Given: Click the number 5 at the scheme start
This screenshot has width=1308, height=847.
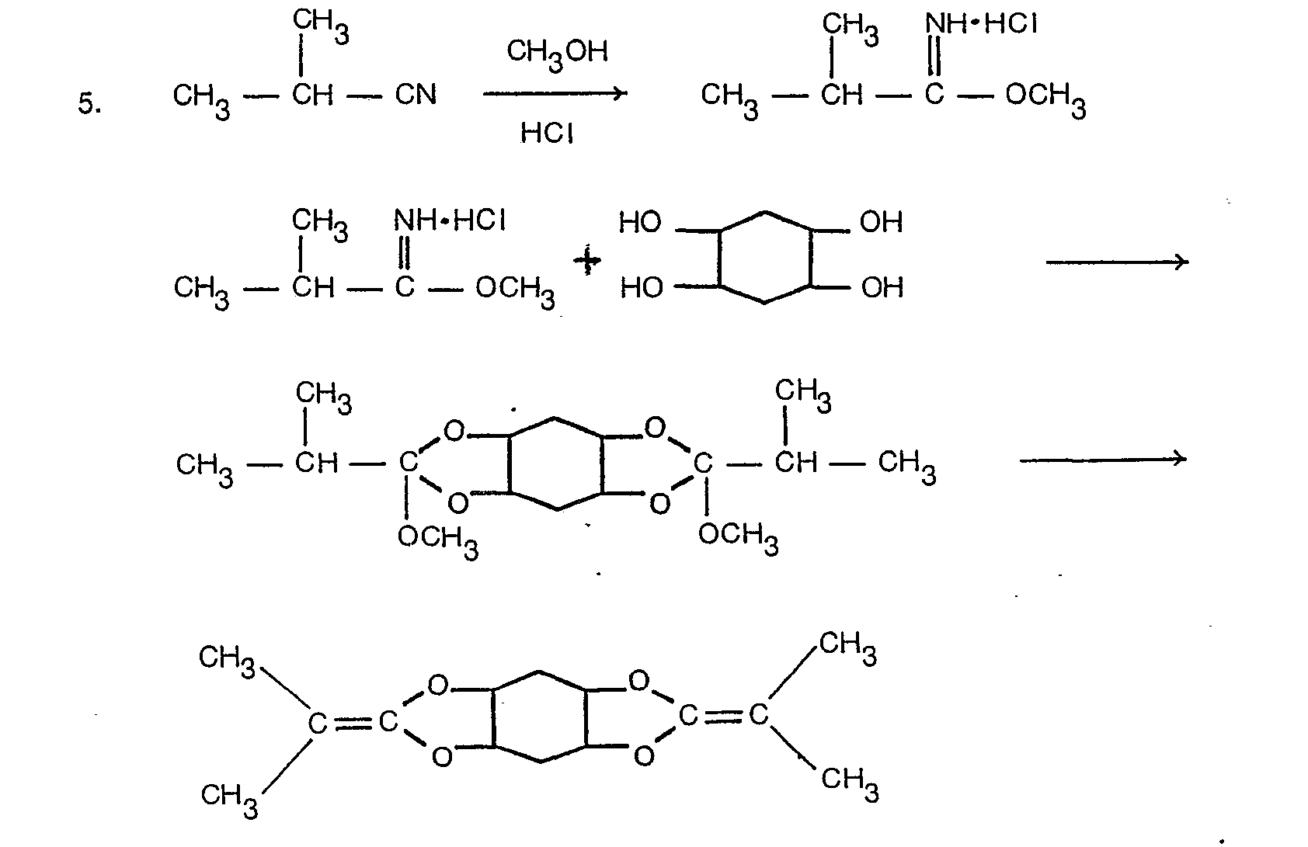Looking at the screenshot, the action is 89,104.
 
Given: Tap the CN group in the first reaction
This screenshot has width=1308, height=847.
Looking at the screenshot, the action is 416,95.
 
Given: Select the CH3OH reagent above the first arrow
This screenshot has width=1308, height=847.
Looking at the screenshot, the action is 557,54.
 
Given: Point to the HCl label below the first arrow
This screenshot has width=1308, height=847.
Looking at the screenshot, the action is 547,133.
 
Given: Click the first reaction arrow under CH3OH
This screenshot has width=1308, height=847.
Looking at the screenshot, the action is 555,93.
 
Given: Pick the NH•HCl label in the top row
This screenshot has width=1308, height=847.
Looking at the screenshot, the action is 981,25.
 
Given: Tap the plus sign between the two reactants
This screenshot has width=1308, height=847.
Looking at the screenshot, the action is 587,261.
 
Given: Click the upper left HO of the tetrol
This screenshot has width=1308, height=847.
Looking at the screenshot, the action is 640,222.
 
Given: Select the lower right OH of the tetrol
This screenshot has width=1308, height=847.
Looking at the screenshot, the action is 882,288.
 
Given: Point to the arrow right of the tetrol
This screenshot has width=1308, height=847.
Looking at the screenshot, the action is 1117,262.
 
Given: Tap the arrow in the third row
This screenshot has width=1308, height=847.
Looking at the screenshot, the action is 1103,460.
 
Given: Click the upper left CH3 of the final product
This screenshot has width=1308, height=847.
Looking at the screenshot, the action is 227,661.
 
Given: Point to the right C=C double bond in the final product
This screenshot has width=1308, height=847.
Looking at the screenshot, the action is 723,717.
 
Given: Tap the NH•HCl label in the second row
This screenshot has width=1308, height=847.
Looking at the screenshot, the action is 450,221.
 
